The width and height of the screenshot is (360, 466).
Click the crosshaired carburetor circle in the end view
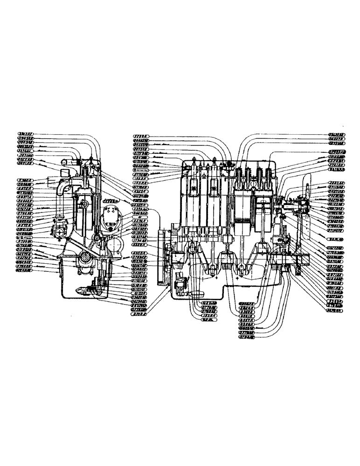coord(61,232)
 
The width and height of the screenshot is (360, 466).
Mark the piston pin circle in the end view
coord(84,204)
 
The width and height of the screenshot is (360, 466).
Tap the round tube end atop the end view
coord(66,164)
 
